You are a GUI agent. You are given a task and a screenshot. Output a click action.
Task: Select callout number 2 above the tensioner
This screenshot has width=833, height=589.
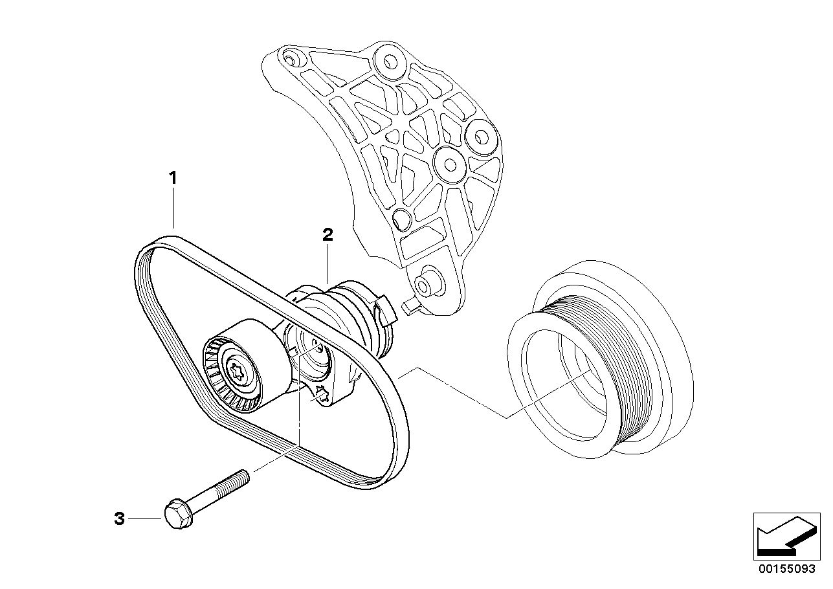(328, 235)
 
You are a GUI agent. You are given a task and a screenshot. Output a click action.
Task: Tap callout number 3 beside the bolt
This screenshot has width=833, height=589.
(119, 518)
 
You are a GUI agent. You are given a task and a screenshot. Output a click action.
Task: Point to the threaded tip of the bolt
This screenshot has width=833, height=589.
(242, 476)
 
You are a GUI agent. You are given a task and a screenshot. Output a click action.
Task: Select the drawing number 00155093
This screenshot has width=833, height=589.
(787, 569)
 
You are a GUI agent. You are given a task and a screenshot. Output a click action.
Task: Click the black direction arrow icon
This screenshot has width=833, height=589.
(784, 536)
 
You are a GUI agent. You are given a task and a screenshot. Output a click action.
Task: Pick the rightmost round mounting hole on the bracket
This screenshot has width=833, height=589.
(483, 136)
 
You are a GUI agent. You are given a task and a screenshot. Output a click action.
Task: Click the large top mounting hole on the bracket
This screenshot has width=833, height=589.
(390, 62)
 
